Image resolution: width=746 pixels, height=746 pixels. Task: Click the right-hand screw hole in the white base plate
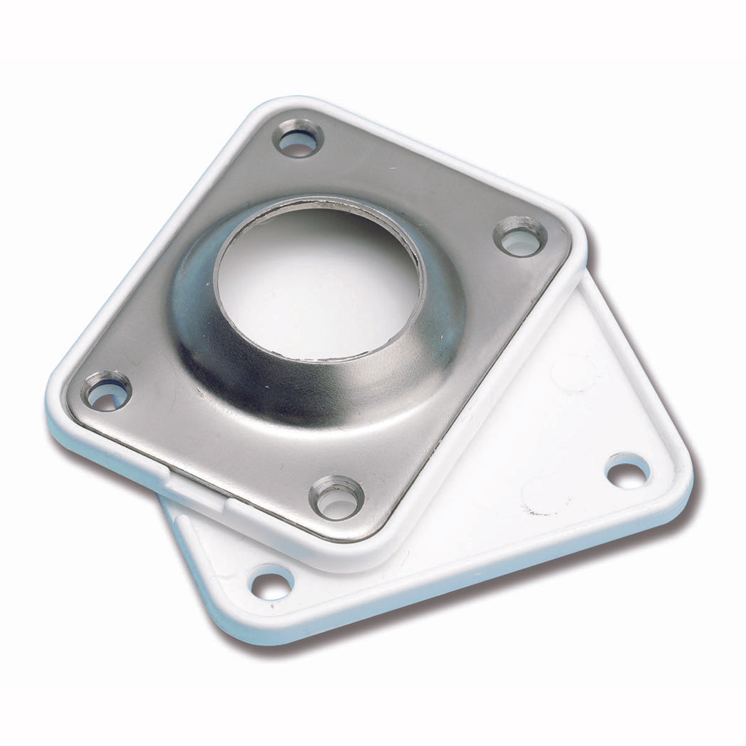click(628, 471)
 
